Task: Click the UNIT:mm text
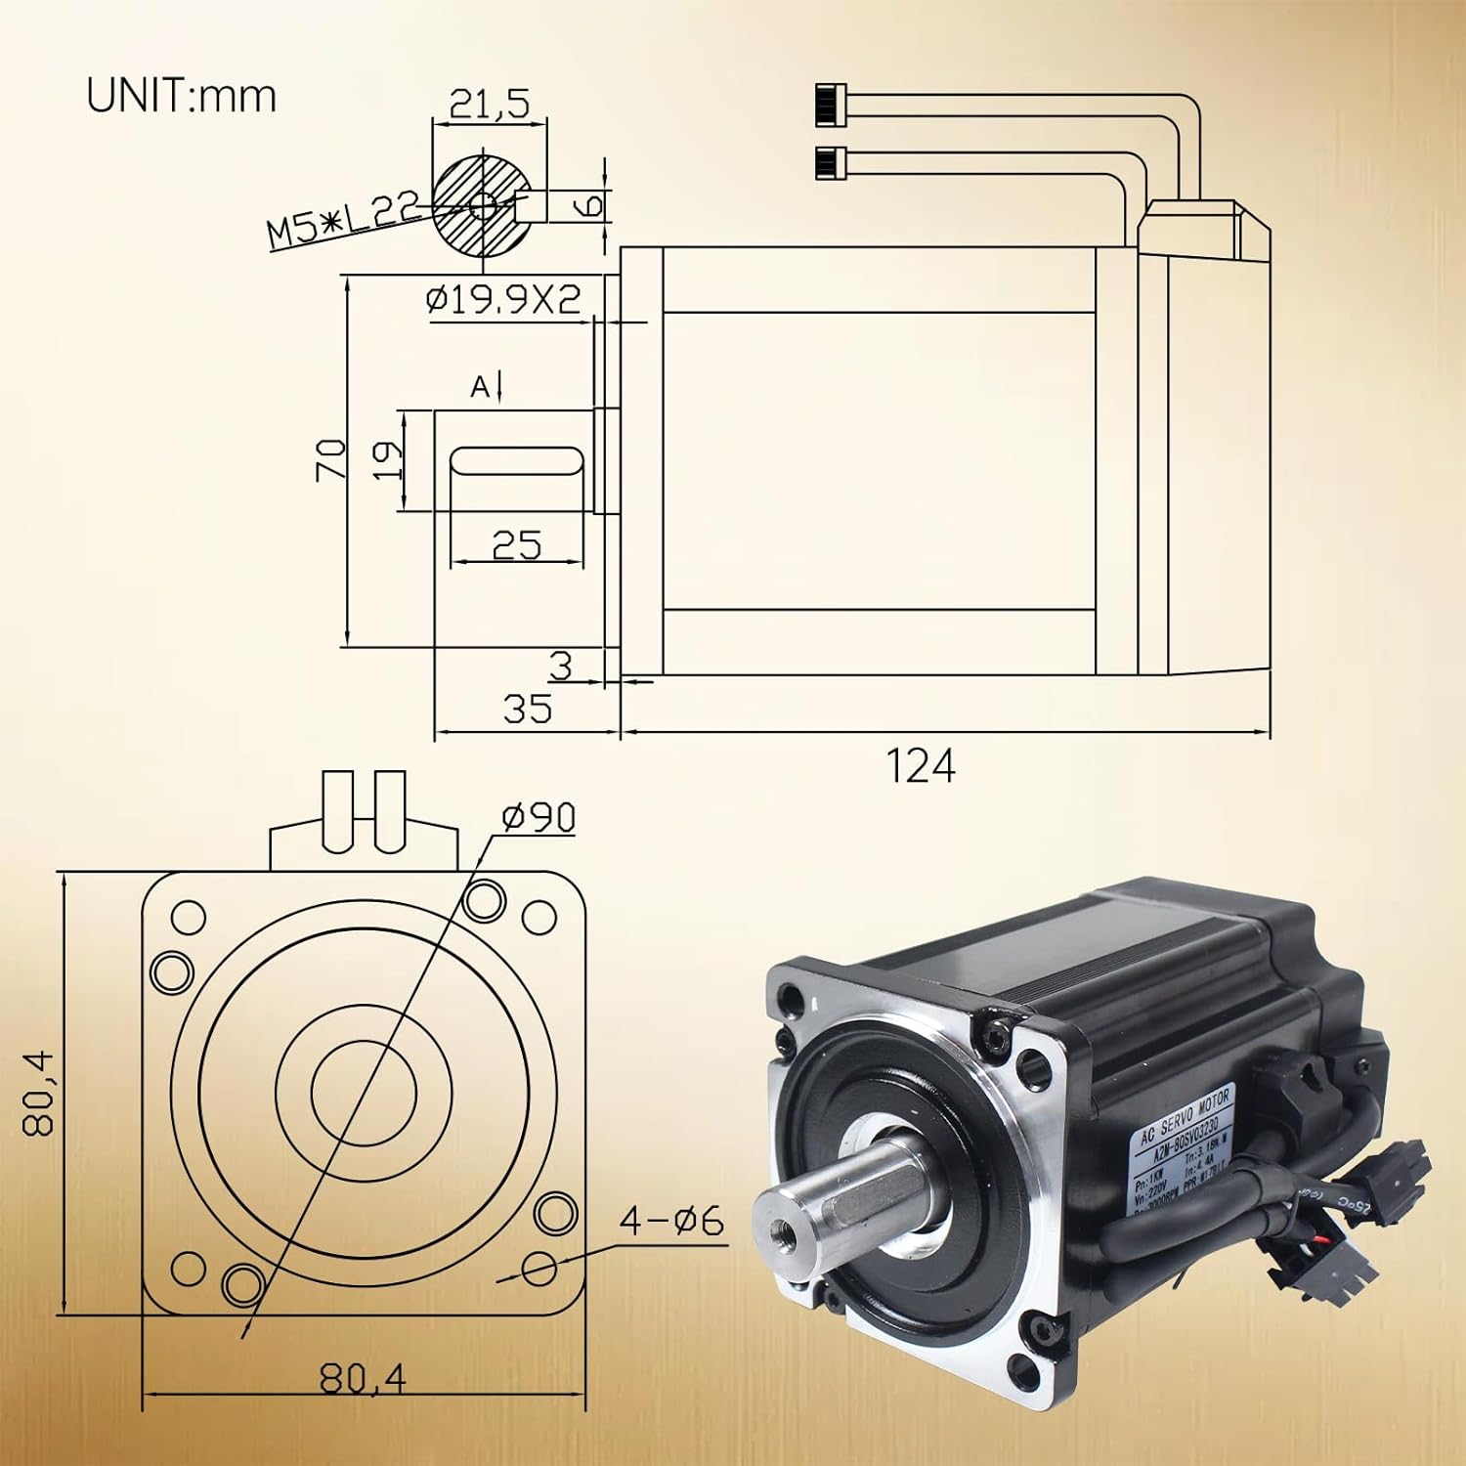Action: (x=182, y=96)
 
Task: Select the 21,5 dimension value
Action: (x=488, y=104)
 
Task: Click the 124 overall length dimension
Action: (x=920, y=765)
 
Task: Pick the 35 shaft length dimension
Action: (x=527, y=708)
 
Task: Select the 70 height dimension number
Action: (x=331, y=459)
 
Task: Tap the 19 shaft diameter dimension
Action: (x=388, y=459)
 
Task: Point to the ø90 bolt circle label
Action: (x=539, y=818)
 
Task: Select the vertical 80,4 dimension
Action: (x=39, y=1093)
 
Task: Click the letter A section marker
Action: (x=480, y=388)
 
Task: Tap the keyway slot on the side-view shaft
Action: (x=516, y=461)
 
